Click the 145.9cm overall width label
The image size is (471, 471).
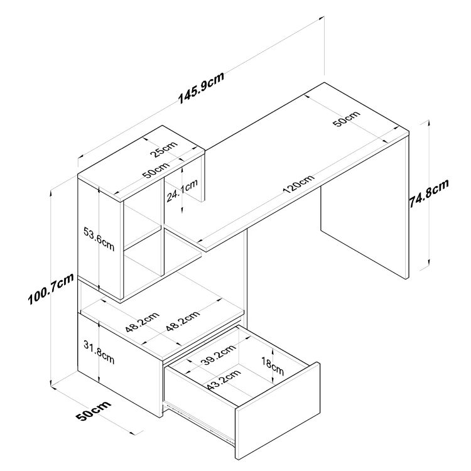(200, 89)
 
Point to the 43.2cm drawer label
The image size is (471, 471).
(223, 381)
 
